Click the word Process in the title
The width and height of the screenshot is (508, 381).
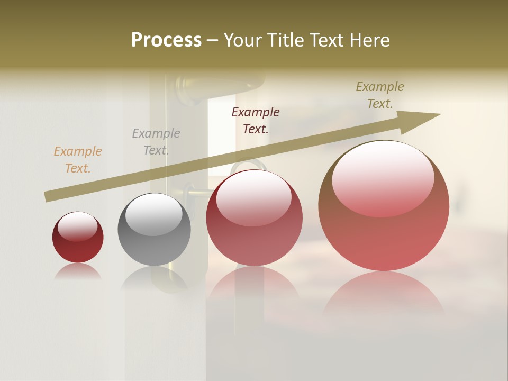pos(166,40)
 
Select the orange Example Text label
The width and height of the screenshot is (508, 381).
pos(78,160)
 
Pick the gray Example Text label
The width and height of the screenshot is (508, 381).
pos(156,142)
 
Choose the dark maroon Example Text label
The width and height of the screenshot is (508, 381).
pos(256,121)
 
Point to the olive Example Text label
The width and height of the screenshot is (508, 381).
pos(380,95)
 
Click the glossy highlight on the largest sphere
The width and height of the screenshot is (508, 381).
pos(383,177)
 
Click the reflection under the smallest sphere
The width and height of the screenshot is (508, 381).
pos(78,272)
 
